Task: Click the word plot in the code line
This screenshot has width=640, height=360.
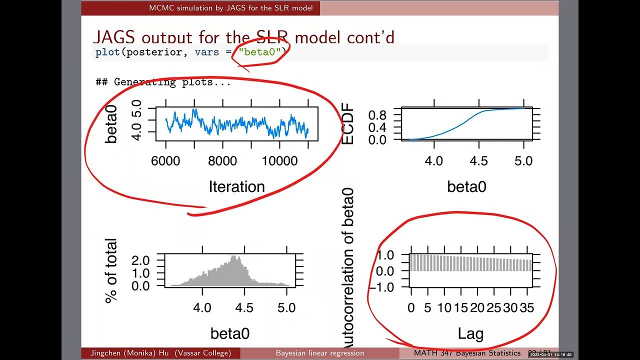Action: tap(107, 52)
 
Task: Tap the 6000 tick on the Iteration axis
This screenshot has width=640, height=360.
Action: tap(165, 160)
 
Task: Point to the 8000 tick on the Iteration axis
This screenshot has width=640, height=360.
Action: tap(222, 160)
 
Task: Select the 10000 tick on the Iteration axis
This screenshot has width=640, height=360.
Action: tap(279, 160)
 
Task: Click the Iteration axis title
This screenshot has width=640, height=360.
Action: tap(236, 186)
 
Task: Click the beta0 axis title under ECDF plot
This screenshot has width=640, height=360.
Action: tap(466, 186)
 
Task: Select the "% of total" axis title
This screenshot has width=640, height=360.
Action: tap(110, 271)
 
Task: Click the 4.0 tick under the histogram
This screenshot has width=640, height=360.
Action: tap(202, 307)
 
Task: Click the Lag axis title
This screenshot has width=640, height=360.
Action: tap(470, 333)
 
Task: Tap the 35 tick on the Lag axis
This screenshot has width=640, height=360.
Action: tap(526, 308)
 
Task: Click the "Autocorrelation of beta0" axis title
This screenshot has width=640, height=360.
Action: tap(347, 267)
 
